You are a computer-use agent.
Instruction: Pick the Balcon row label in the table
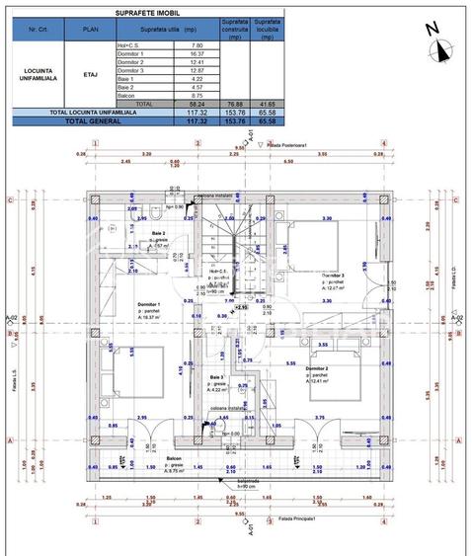pyautogui.click(x=126, y=95)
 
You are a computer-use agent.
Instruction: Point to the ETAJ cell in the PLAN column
pyautogui.click(x=90, y=73)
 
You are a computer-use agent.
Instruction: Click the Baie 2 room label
pyautogui.click(x=142, y=233)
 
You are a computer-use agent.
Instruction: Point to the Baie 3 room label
pyautogui.click(x=216, y=376)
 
